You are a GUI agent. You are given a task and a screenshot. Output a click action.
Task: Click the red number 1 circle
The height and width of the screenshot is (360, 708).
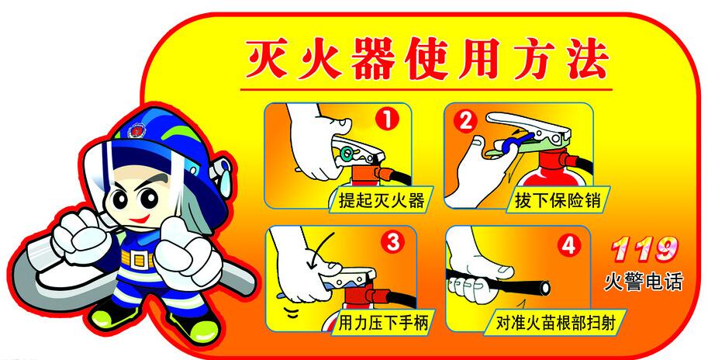coord(387,120)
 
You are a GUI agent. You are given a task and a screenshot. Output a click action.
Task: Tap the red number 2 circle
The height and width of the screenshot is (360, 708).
coord(465,120)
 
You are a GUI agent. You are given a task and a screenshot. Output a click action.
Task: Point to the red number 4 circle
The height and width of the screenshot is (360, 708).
coord(568,245)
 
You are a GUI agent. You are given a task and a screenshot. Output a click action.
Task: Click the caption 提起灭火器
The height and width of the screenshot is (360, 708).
coord(382,199)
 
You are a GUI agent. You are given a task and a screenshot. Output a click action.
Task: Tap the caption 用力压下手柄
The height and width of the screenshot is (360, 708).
coord(383,323)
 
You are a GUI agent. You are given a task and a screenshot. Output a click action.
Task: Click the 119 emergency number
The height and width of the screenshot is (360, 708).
coord(644,249)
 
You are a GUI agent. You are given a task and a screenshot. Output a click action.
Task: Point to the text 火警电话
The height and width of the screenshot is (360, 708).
coord(644,282)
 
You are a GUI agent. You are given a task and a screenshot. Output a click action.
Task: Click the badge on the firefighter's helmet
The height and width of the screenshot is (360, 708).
coord(136,130)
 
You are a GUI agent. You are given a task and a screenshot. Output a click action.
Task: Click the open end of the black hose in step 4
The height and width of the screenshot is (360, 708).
coord(545,287)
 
